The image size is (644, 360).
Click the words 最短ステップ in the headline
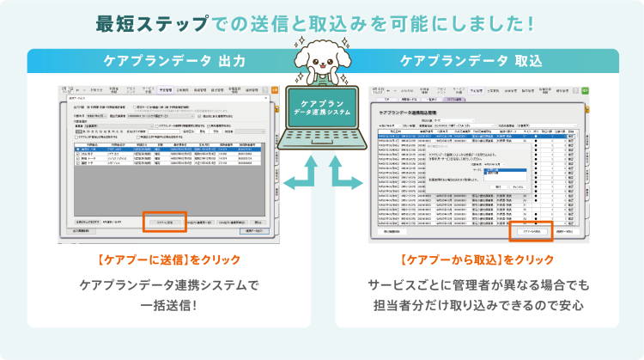[x=147, y=21]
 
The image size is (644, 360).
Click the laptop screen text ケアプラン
[x=322, y=101]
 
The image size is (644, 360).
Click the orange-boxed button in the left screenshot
[x=163, y=222]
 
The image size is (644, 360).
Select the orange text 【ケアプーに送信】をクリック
[x=168, y=259]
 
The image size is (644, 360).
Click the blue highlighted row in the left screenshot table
[x=172, y=149]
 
